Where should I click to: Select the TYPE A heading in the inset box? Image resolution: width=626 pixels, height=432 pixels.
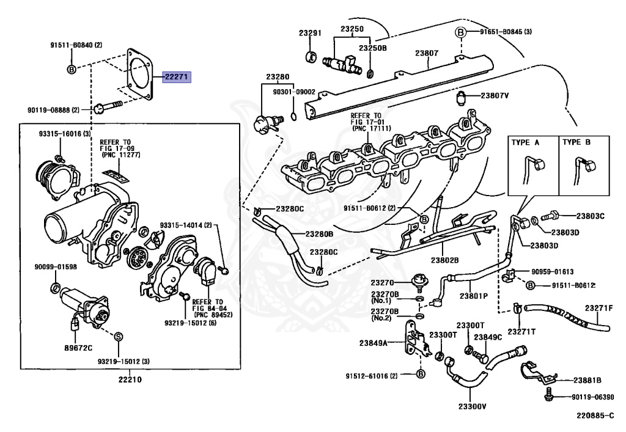pos(525,142)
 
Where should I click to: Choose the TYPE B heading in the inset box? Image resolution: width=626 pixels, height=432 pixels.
pos(576,142)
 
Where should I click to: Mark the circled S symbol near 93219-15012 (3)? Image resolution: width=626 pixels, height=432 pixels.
pos(119,335)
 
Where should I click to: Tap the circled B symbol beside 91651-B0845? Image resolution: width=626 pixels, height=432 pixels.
pos(461,32)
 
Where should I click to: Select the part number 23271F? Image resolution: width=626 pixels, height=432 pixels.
pos(598,307)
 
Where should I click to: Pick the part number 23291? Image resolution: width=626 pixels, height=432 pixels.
pos(310,32)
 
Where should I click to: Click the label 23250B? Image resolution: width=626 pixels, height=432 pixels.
pos(372,48)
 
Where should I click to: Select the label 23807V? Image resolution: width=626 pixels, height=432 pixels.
pos(499,95)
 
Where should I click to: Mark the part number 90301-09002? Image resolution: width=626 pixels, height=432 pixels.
pos(295,92)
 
